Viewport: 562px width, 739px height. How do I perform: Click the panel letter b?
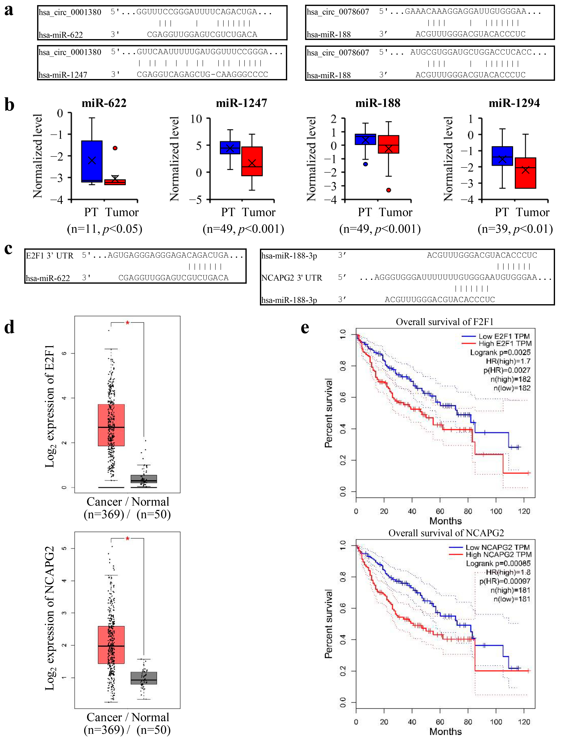[9, 105]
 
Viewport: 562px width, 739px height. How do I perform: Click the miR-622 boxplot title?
[104, 103]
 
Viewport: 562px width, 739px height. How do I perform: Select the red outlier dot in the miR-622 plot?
[115, 148]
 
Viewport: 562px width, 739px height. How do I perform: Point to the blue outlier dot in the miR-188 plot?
[366, 164]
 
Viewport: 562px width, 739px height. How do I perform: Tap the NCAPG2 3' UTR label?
[292, 278]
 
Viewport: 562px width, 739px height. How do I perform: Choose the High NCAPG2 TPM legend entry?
[498, 554]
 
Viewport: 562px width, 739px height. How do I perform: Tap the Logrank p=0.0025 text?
[500, 352]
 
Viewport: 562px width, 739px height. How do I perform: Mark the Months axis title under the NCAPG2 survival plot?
[446, 731]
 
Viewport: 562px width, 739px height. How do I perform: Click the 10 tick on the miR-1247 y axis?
[196, 119]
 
